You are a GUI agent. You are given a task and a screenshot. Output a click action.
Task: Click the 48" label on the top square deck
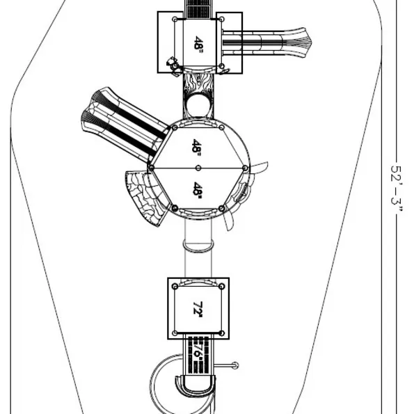198,43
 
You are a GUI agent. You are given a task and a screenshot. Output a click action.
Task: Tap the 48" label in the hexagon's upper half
197,146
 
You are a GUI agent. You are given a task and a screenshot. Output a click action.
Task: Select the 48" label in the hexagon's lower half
198,189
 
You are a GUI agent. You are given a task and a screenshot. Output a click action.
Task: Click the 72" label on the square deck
198,308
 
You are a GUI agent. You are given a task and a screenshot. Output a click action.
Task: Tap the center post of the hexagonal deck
198,168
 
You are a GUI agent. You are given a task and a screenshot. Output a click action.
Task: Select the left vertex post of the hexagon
151,168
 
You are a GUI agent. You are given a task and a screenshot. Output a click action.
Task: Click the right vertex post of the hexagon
246,168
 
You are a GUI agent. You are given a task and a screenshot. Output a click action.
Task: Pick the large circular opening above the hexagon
198,105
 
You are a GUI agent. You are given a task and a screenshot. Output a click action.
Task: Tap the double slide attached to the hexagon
124,124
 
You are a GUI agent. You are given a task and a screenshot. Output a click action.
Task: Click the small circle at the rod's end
235,366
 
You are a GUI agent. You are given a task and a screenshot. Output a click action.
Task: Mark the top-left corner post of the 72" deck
175,287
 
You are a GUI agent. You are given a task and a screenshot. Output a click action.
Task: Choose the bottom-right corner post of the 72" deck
222,333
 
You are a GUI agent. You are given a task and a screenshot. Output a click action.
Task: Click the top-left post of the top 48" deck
175,19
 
